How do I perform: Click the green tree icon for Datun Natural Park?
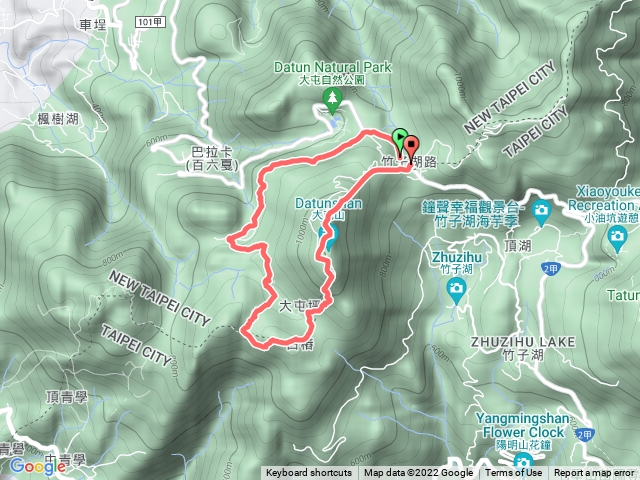(x=332, y=97)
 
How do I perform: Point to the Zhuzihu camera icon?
(x=455, y=289)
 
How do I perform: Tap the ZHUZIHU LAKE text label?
(x=524, y=342)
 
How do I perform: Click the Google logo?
(x=37, y=465)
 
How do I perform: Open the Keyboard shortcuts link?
(x=308, y=473)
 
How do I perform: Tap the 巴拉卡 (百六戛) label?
(x=211, y=158)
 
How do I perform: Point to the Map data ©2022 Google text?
(x=418, y=473)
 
